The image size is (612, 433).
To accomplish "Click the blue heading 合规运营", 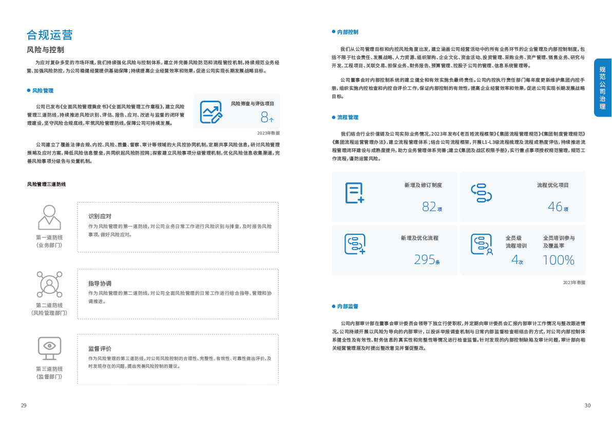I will pos(49,35).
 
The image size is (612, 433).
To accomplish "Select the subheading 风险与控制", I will pos(45,50).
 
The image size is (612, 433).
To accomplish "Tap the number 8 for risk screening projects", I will pos(264,117).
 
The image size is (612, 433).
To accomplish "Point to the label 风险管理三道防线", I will pos(46,184).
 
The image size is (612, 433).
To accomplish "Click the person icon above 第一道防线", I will pos(49,217).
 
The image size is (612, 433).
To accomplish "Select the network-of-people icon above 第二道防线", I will pos(49,284).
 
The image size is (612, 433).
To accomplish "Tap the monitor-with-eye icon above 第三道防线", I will pos(49,348).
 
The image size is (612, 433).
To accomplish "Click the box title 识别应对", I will pos(100,216).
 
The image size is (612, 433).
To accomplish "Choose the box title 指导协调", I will pos(100,284).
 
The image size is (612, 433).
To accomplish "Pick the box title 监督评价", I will pos(100,348).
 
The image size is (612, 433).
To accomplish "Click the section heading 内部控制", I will pos(348,32).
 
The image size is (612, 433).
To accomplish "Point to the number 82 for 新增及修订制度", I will pos(429,206).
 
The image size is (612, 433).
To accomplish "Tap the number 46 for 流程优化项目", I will pos(555,206).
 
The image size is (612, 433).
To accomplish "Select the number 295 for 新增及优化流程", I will pos(425,260).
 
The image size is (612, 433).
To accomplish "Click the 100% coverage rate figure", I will pos(559,260).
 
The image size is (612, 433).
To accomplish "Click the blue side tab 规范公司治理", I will pos(603,88).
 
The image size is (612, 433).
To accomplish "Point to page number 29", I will pos(24,406).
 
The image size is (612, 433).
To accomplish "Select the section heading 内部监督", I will pos(348,306).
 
